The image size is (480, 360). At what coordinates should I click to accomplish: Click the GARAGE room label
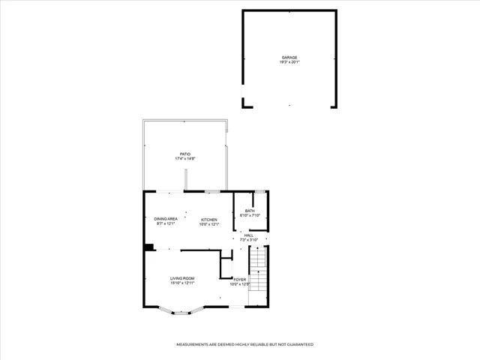[x=289, y=58]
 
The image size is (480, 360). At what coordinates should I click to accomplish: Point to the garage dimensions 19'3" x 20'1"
[x=289, y=62]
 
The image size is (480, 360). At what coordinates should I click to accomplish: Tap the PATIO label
[x=184, y=154]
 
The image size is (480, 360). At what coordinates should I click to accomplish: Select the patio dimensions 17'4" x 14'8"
[x=184, y=159]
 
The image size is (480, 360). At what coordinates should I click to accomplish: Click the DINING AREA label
[x=165, y=219]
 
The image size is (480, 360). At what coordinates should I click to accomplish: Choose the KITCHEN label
[x=208, y=219]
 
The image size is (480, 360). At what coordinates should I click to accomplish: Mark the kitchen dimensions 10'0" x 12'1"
[x=208, y=223]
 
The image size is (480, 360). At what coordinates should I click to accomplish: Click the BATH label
[x=249, y=211]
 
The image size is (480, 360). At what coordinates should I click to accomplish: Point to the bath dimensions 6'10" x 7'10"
[x=249, y=215]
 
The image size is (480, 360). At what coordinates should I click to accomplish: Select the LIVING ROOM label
[x=182, y=278]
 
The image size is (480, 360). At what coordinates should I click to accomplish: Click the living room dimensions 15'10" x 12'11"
[x=182, y=283]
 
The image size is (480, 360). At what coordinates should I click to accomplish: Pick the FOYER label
[x=239, y=279]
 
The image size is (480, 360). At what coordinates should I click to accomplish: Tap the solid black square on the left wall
[x=148, y=247]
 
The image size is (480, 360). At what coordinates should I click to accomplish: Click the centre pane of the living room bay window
[x=182, y=313]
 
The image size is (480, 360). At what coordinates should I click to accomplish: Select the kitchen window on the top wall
[x=213, y=192]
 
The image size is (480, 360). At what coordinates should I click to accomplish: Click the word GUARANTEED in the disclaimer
[x=298, y=344]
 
